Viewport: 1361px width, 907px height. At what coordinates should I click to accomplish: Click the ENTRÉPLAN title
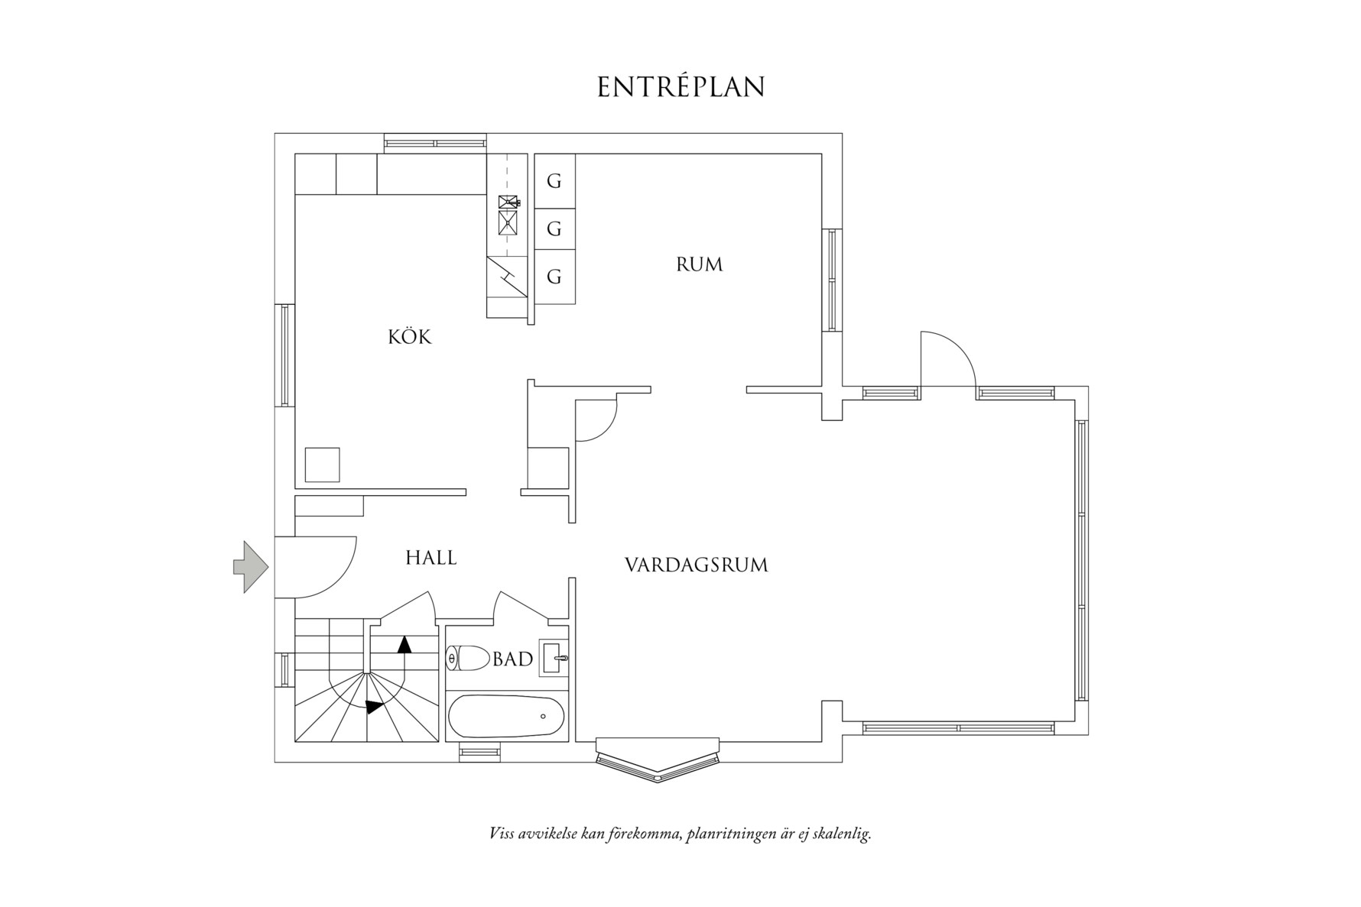point(680,87)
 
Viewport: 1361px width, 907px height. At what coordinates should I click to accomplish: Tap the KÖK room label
point(410,337)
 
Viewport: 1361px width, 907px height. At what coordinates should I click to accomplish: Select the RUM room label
point(699,264)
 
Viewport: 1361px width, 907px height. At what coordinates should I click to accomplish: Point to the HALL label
point(430,558)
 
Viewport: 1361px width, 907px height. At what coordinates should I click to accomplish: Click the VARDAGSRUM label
point(696,565)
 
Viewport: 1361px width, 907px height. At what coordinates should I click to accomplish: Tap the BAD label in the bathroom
point(512,659)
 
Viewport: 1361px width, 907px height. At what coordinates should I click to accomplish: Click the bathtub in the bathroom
point(506,717)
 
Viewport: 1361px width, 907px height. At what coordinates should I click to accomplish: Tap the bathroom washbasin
point(554,658)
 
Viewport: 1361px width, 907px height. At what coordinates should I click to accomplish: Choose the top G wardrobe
point(554,181)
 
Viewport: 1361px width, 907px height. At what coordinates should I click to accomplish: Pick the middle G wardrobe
point(554,228)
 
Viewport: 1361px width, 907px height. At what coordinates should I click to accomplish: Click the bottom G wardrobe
point(554,277)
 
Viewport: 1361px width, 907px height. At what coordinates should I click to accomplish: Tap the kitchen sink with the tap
point(508,202)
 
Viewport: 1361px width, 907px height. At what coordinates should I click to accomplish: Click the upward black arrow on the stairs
point(404,643)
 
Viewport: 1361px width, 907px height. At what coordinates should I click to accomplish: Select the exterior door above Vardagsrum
point(948,359)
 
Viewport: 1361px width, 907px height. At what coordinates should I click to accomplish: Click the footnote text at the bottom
point(680,833)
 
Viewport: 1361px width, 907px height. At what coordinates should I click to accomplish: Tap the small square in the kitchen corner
point(322,465)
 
